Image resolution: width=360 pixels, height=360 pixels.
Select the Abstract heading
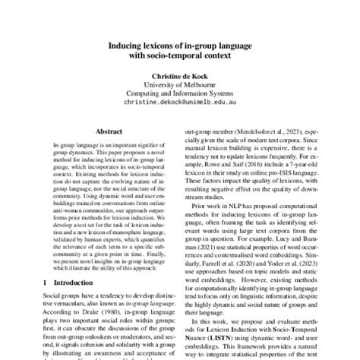(x=110, y=131)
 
